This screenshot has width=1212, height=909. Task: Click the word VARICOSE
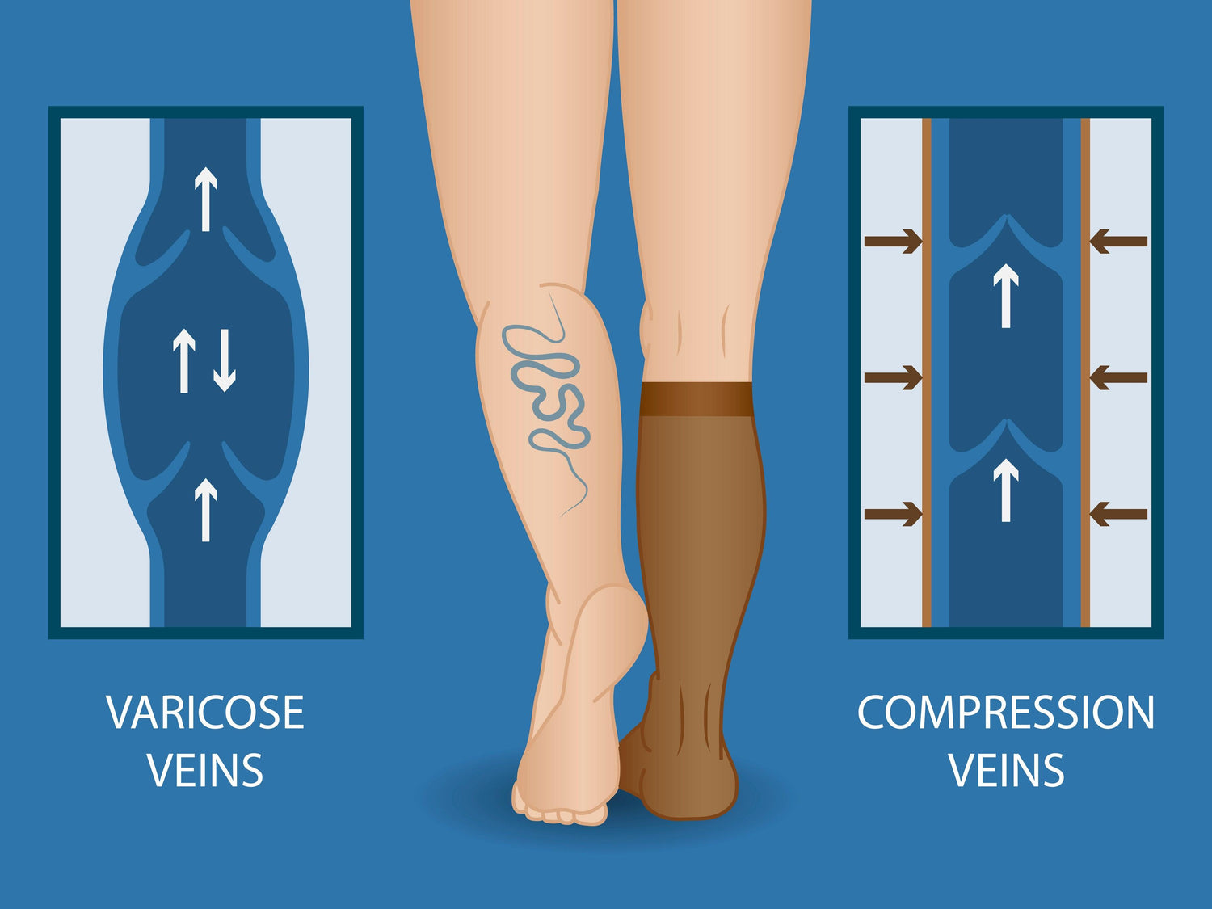point(205,713)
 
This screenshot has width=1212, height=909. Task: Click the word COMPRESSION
point(1005,713)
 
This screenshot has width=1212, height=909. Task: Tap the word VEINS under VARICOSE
point(205,770)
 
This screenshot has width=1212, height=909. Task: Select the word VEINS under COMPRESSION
point(1006,770)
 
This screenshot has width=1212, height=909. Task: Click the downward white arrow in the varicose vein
point(225,361)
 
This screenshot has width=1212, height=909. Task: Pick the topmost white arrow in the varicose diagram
point(205,200)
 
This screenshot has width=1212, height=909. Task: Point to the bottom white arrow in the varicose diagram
point(205,510)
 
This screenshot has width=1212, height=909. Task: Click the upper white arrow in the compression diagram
point(1006,296)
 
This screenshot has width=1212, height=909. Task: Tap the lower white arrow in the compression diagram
point(1006,490)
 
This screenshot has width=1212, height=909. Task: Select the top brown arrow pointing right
point(893,241)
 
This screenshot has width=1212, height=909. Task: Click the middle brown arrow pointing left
point(1119,378)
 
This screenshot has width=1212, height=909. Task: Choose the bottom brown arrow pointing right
point(893,514)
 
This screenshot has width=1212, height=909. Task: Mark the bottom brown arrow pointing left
point(1119,514)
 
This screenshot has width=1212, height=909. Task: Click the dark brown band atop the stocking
point(696,399)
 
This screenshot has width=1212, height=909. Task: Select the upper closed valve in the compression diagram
point(1006,238)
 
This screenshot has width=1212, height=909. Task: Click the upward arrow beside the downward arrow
point(184,361)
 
